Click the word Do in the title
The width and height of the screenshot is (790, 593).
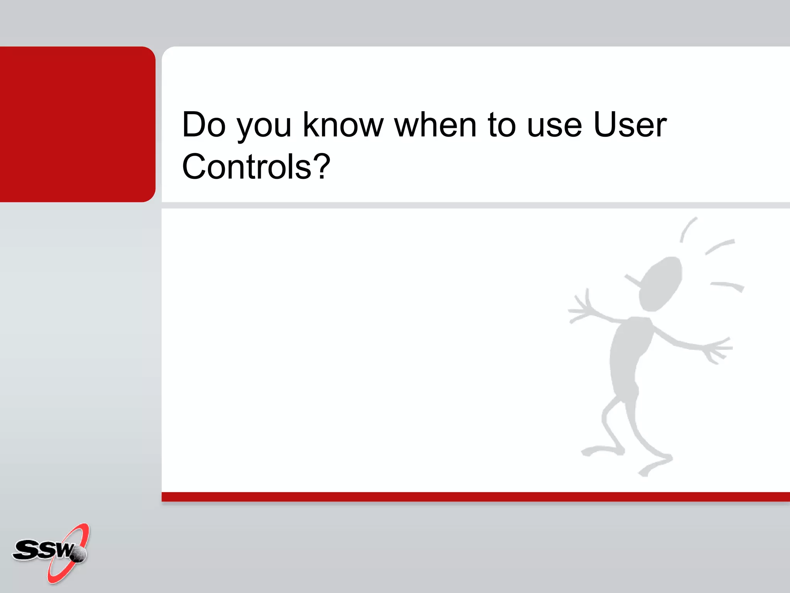click(203, 124)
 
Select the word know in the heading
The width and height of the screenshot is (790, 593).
click(343, 124)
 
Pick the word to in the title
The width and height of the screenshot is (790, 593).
click(501, 125)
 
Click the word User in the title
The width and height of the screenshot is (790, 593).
click(630, 124)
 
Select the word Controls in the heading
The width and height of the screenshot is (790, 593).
click(246, 166)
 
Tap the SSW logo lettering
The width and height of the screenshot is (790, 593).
click(42, 550)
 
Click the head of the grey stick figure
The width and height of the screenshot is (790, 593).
click(660, 284)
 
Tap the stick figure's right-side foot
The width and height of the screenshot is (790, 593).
click(656, 465)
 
